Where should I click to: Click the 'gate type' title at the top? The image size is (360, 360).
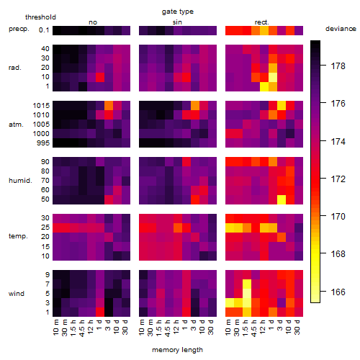click(178, 12)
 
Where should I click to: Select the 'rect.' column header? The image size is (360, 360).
click(261, 22)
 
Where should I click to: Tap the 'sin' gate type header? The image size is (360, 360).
click(177, 22)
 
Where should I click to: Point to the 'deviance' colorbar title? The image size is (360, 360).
click(341, 29)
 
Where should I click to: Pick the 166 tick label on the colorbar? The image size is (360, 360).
click(338, 292)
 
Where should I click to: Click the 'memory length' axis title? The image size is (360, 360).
click(177, 350)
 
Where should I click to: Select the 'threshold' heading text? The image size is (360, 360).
click(40, 17)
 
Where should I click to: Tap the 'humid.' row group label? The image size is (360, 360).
click(20, 181)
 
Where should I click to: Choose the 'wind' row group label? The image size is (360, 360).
click(17, 294)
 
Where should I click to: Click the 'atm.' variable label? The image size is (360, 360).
click(16, 125)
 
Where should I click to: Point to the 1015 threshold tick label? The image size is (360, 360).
click(41, 105)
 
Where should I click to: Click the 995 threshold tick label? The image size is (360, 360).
click(43, 143)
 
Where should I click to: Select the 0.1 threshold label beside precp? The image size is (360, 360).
click(44, 30)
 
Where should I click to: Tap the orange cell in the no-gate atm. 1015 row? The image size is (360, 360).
click(109, 105)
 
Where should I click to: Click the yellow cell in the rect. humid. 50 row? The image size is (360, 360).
click(282, 199)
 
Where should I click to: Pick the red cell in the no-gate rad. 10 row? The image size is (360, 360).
click(100, 77)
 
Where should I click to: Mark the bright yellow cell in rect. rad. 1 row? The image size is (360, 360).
click(264, 86)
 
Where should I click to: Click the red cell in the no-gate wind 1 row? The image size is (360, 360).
click(100, 312)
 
